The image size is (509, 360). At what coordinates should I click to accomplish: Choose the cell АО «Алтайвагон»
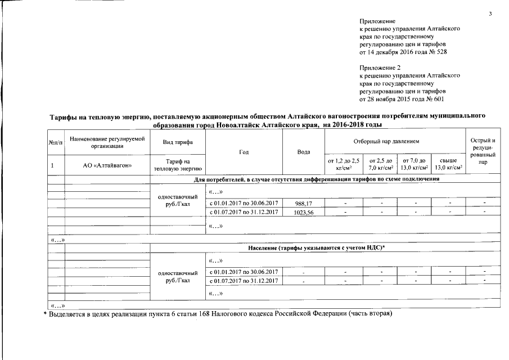[107, 165]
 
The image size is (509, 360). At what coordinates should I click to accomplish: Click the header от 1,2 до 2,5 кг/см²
[343, 164]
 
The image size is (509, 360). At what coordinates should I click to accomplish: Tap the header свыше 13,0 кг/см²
[448, 164]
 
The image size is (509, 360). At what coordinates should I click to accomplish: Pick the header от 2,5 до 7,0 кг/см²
[380, 164]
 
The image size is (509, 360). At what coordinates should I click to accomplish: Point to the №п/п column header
[56, 143]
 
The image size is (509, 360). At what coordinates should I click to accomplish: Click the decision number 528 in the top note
[442, 52]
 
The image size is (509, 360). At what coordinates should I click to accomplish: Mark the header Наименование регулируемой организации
[107, 142]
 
